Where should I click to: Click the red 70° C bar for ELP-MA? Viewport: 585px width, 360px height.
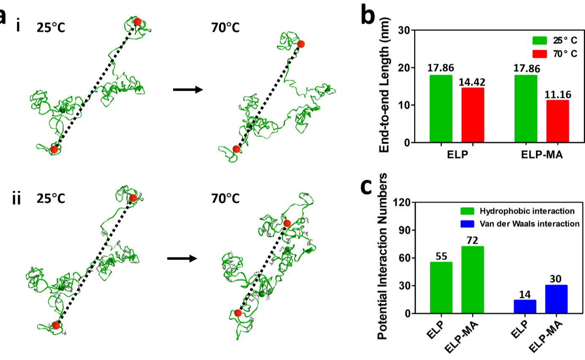(558, 121)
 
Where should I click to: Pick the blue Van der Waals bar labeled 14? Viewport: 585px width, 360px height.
(525, 306)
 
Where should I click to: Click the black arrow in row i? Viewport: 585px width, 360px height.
(188, 90)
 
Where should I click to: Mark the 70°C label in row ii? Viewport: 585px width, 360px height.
(225, 198)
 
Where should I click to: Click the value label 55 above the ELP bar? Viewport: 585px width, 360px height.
(441, 255)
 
